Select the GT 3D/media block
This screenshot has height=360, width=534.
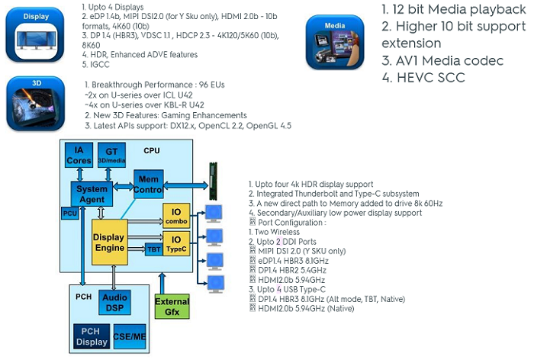[111, 156]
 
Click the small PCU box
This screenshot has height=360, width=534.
[69, 214]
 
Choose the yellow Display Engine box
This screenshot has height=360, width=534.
[108, 242]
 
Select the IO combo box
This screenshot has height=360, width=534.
[175, 217]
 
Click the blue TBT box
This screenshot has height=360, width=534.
[153, 249]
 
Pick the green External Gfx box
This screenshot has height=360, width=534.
[172, 307]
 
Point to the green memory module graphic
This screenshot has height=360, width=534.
[214, 180]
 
